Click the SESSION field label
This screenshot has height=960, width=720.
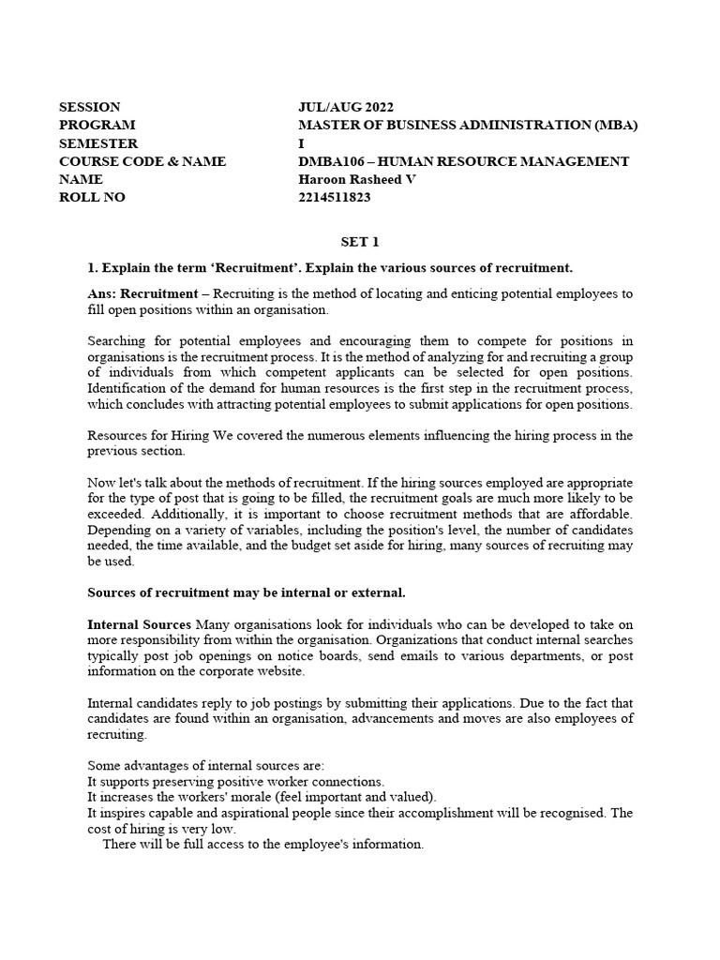pos(89,107)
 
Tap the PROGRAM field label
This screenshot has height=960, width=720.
pos(97,125)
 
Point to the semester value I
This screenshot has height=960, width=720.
pos(300,143)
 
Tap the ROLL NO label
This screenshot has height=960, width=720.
pos(91,198)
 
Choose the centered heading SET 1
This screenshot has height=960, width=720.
pos(359,242)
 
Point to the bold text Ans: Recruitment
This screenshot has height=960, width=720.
pos(142,294)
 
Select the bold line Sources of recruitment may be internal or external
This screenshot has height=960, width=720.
pos(247,592)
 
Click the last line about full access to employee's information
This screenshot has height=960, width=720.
pos(262,844)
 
